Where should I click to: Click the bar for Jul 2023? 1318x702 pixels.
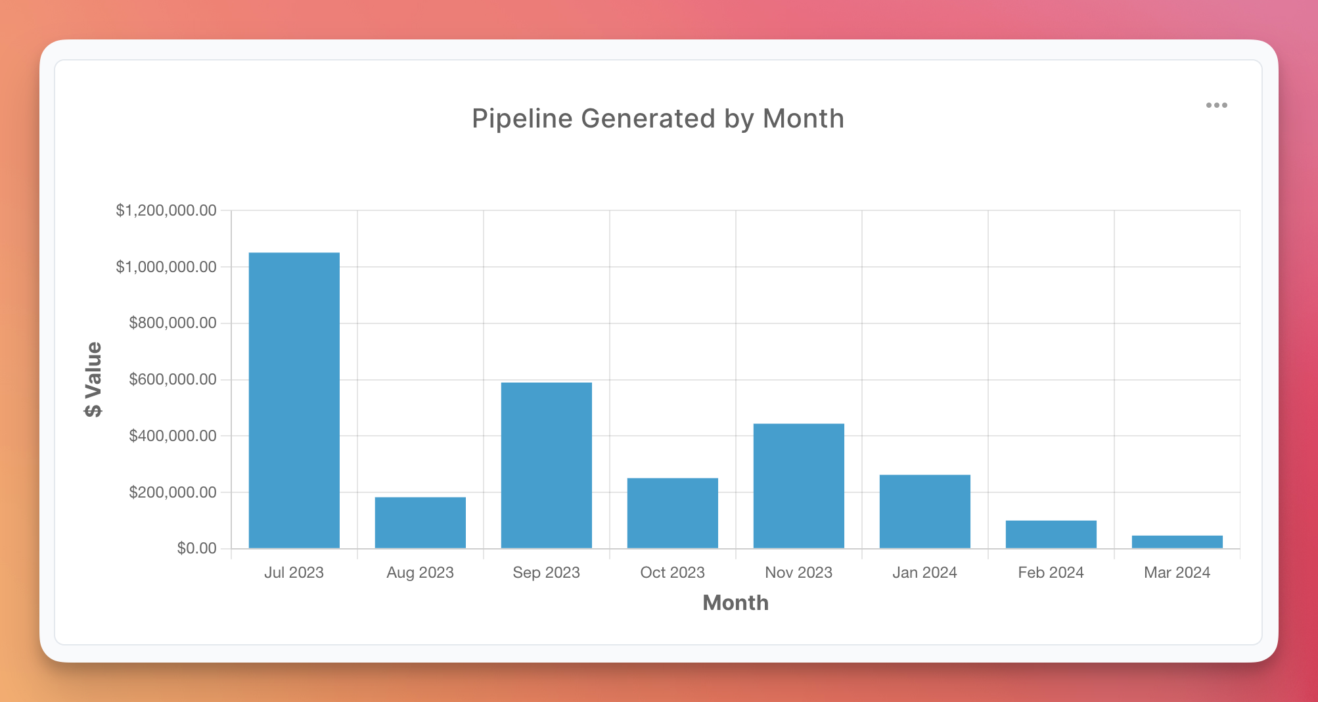[294, 400]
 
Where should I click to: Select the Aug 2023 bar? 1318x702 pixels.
[420, 523]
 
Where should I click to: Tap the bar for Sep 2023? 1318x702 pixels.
[547, 465]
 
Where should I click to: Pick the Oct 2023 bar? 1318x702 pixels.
[673, 513]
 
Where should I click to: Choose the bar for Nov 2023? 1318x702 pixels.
[799, 486]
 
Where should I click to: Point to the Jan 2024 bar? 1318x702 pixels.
[925, 511]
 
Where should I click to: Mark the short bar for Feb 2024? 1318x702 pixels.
[1051, 534]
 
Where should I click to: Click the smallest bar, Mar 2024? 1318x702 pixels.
[1177, 542]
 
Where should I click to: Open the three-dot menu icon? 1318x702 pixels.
[1216, 105]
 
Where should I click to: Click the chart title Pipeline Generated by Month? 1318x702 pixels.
[658, 119]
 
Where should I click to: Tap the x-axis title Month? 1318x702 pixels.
[735, 603]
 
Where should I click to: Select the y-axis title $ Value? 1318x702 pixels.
[93, 379]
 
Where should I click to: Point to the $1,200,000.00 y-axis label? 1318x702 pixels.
[166, 210]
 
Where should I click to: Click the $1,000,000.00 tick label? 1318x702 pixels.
[166, 267]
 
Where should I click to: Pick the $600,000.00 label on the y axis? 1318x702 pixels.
[173, 379]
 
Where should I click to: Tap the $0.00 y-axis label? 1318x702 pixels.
[196, 548]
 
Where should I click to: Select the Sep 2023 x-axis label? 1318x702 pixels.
[547, 573]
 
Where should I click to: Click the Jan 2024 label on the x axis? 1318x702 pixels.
[925, 573]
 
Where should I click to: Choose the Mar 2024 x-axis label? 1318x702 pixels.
[1177, 573]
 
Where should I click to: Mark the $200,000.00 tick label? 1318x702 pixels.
[173, 492]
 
